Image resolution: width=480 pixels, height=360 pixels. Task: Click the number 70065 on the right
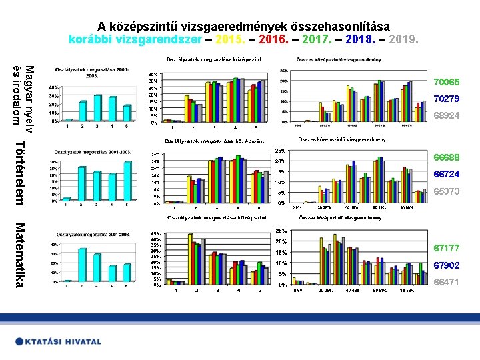446,82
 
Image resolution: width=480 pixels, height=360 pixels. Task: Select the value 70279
446,99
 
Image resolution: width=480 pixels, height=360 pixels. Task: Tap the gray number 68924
446,115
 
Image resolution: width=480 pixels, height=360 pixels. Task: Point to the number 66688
446,157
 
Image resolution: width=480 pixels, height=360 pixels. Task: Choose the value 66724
446,174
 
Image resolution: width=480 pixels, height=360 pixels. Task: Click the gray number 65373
446,191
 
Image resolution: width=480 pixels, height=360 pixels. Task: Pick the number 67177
446,248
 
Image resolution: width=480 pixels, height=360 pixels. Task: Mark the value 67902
446,265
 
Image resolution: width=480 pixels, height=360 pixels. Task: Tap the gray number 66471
446,282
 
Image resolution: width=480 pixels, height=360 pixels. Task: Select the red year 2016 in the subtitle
271,39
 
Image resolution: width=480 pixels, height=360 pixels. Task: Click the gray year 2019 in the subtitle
405,39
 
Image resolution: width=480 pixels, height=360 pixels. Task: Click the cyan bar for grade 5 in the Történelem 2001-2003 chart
127,181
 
